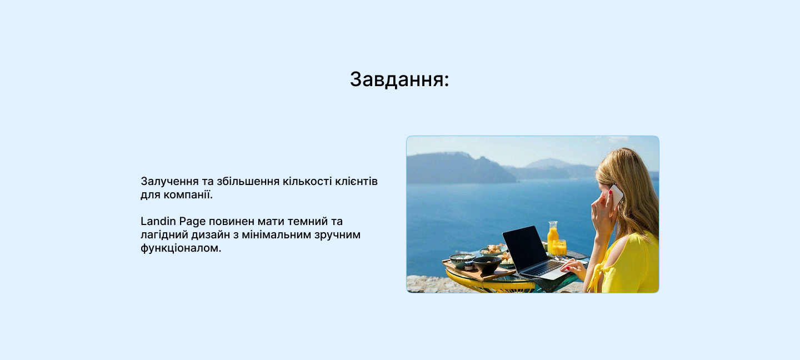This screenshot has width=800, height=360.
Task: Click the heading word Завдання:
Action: point(399,79)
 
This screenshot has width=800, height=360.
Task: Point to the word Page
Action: point(192,222)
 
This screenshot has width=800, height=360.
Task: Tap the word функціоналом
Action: point(181,248)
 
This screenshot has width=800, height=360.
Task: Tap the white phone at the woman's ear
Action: point(616,195)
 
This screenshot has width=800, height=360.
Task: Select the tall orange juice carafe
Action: point(553,238)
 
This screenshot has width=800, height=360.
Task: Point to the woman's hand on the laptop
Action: point(574,268)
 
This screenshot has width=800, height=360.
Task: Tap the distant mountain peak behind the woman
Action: point(547,163)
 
